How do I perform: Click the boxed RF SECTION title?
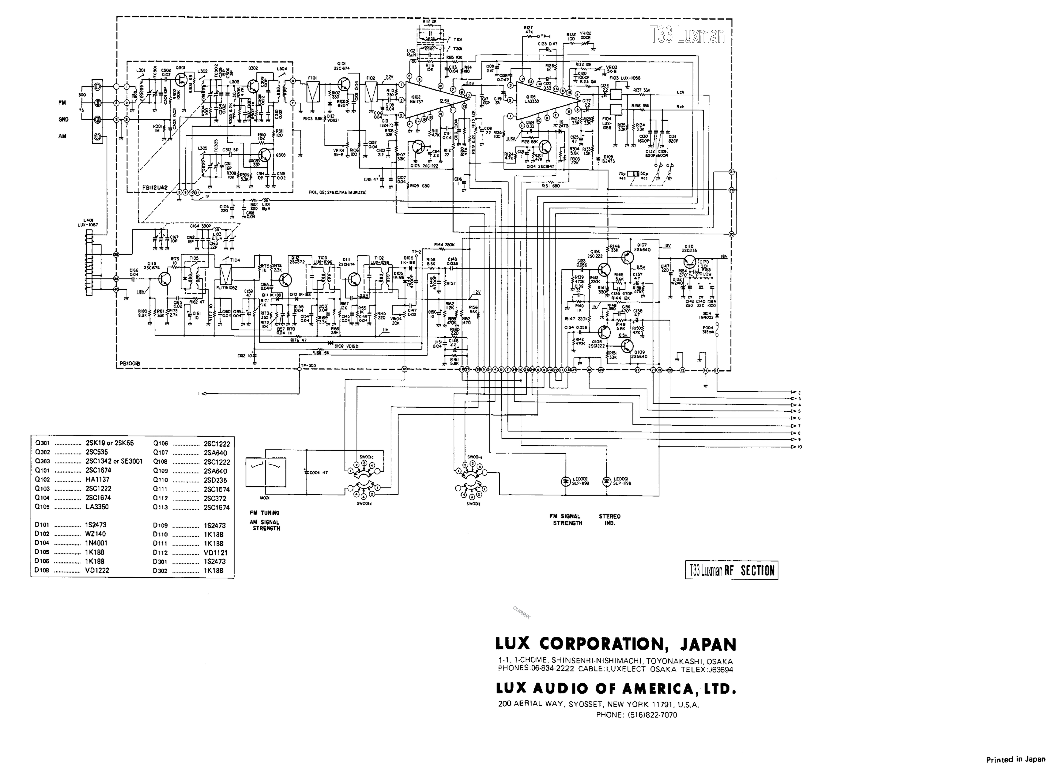point(731,570)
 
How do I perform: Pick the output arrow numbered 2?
point(794,393)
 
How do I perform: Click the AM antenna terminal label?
point(62,136)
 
